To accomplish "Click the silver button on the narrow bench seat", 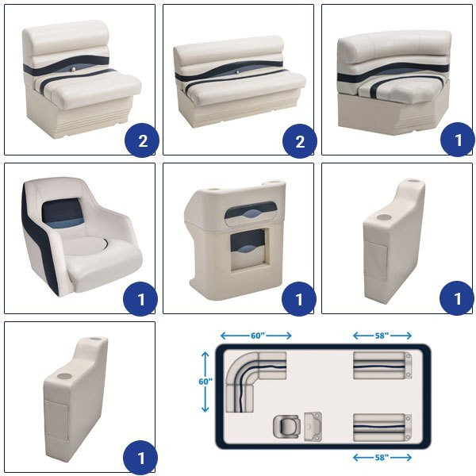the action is (x=73, y=71).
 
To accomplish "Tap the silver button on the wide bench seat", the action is (x=238, y=72).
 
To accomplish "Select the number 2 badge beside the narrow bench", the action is (x=142, y=140).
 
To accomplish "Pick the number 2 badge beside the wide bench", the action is (x=300, y=141).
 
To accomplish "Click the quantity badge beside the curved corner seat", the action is (x=458, y=140).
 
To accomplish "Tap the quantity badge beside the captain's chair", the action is (x=140, y=299).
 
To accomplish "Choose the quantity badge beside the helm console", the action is (x=299, y=299).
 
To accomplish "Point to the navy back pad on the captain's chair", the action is (x=63, y=213).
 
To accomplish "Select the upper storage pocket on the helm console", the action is (x=251, y=213).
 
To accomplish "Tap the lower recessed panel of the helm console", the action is (x=248, y=250).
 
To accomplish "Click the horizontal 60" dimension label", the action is (x=257, y=336).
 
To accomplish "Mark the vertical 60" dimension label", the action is (x=205, y=382).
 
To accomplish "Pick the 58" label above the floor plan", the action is (x=382, y=336).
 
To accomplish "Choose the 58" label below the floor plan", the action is (x=382, y=457).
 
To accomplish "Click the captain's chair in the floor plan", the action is (x=286, y=426).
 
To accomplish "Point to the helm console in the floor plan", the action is (x=313, y=426).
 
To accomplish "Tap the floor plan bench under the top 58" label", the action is (x=382, y=366).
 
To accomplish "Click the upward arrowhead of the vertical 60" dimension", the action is (x=205, y=355).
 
